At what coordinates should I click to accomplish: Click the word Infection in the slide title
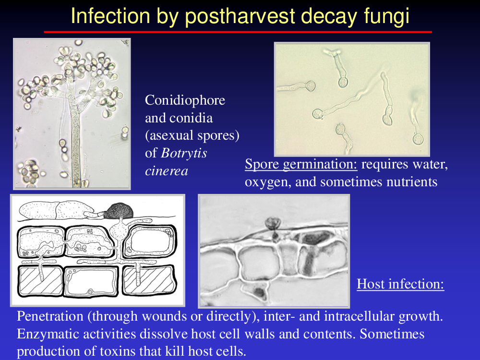coord(110,16)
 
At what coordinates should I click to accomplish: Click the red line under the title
coord(238,32)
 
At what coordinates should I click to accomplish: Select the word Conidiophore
coord(185,100)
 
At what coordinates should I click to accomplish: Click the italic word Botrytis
coord(184,153)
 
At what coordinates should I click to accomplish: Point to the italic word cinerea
coord(167,171)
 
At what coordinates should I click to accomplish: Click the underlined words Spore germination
coord(301,164)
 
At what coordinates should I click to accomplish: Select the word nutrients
coord(412,181)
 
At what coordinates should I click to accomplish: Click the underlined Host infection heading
coord(400,284)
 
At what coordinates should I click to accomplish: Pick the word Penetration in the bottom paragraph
coord(50,316)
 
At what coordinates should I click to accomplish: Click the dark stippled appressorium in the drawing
coord(119,211)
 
